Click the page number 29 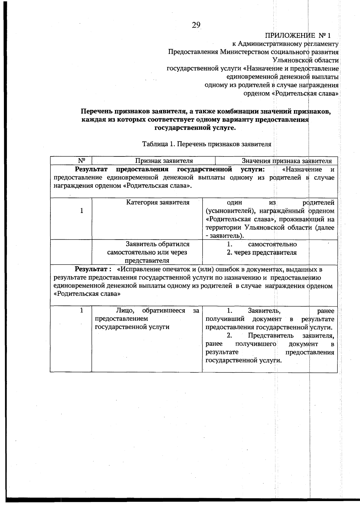tap(196, 25)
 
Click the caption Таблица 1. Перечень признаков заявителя tap(207, 144)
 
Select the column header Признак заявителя tap(164, 161)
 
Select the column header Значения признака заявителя tap(286, 161)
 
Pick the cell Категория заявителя tap(157, 202)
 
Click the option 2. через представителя tap(262, 252)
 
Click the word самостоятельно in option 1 tap(272, 244)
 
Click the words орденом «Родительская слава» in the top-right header tap(291, 93)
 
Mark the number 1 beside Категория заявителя tap(82, 211)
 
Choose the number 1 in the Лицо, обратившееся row tap(82, 310)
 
